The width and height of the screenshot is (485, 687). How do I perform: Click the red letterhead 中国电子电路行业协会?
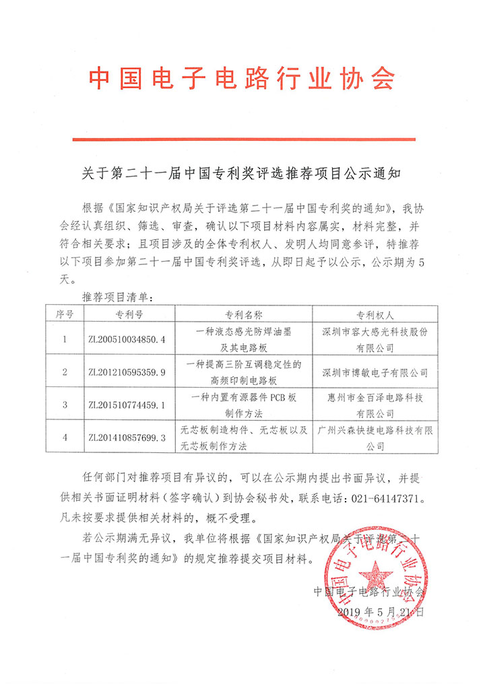click(242, 80)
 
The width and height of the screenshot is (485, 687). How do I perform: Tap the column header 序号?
click(65, 315)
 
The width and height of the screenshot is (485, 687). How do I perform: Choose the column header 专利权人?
click(375, 315)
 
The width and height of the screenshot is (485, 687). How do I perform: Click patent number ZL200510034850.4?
click(127, 339)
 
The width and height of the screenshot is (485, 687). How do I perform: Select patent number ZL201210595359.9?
click(127, 371)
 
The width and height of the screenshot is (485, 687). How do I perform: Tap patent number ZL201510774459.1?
click(127, 405)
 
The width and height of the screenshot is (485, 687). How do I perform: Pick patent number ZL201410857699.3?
click(127, 438)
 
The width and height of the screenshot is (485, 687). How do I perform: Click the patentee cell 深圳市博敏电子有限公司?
click(375, 371)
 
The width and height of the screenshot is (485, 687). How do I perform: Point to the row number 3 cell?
click(65, 405)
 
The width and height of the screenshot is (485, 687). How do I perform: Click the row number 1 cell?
click(65, 339)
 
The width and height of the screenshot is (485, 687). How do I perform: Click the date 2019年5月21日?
click(381, 612)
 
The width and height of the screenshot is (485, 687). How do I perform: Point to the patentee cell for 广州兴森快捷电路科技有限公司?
click(375, 438)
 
